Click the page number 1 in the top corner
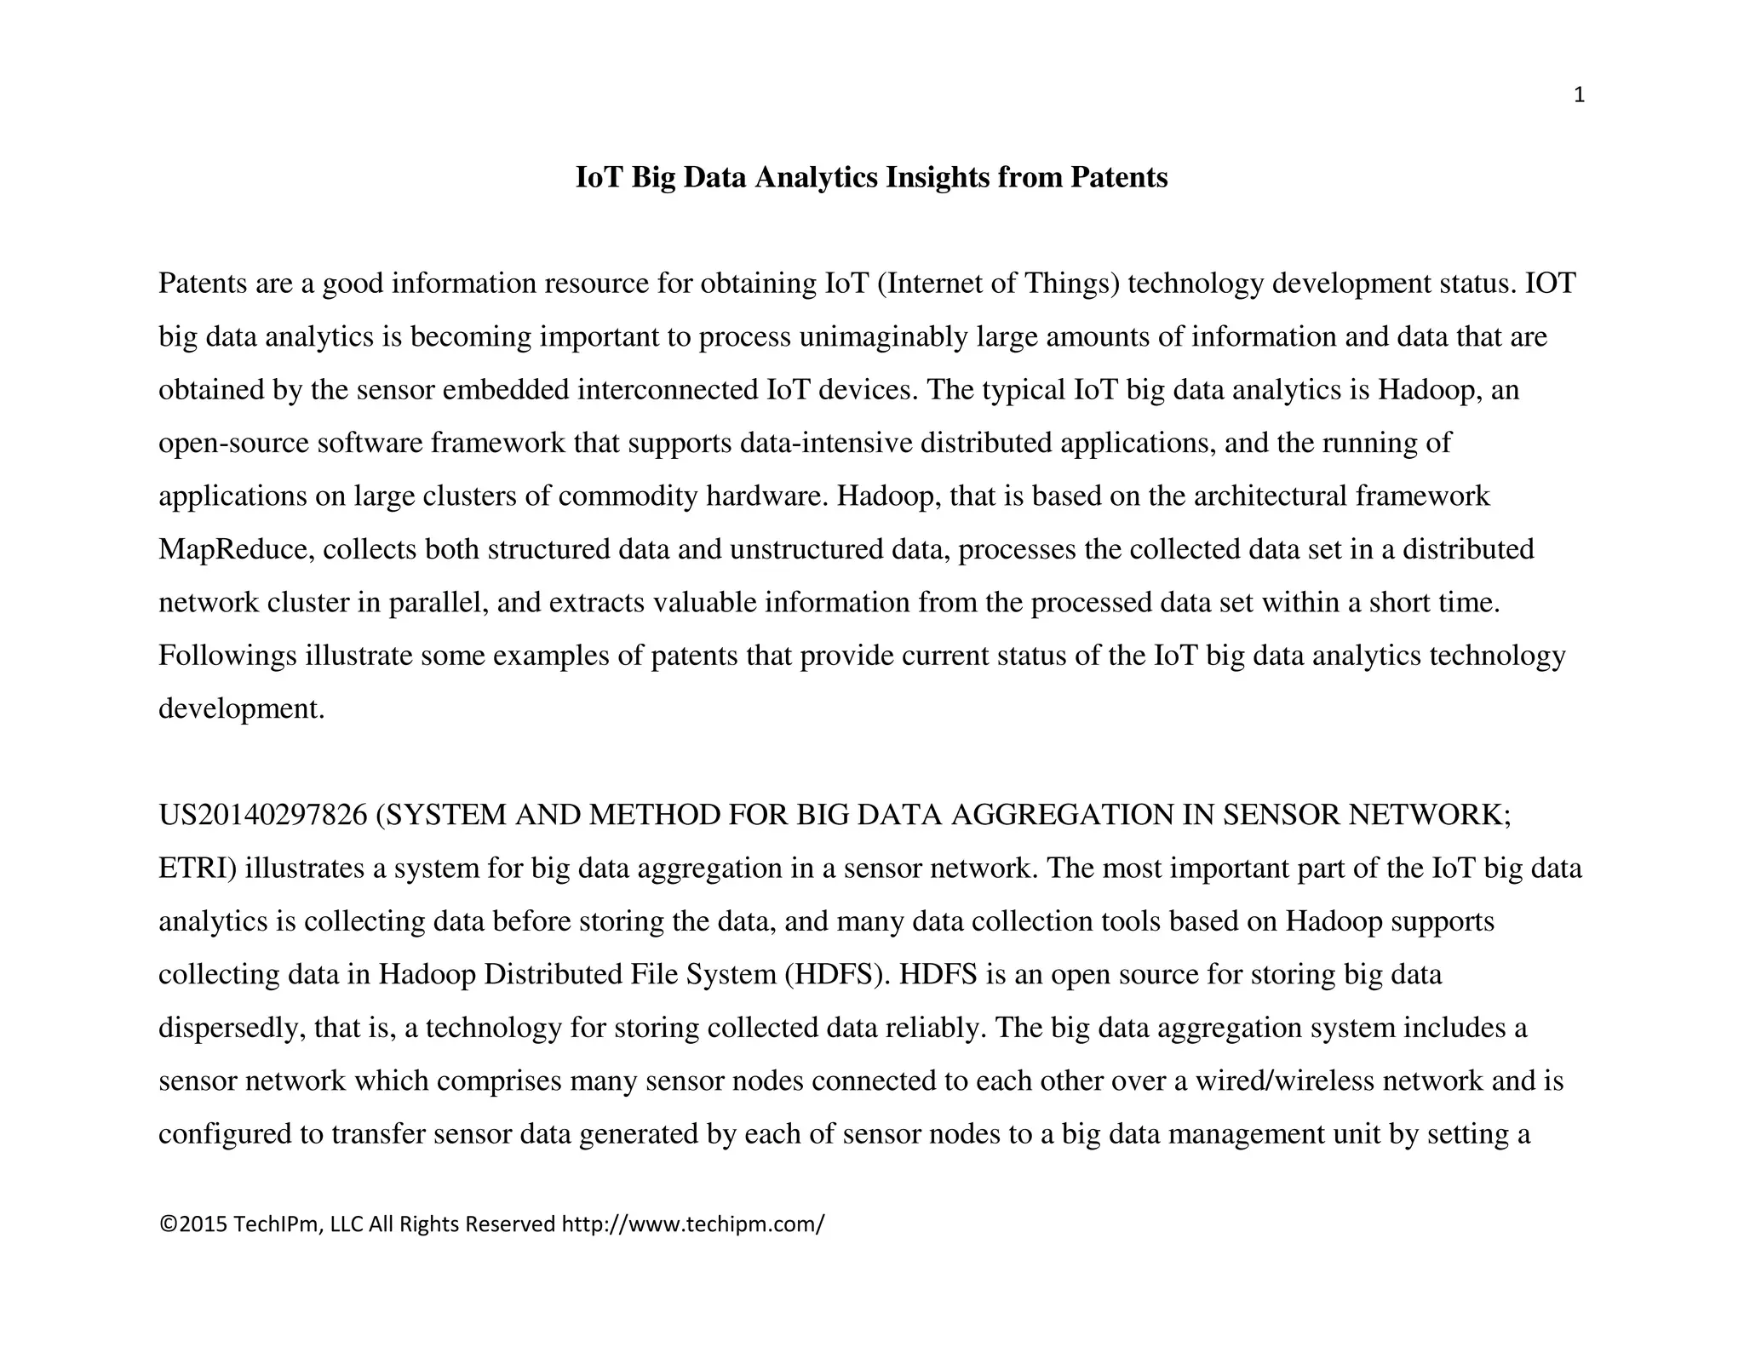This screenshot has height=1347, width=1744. (x=1579, y=96)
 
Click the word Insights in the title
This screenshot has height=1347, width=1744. (x=938, y=178)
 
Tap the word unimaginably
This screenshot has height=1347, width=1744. (x=883, y=337)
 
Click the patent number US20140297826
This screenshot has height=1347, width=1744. (x=262, y=815)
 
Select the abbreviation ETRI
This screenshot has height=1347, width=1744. (x=198, y=868)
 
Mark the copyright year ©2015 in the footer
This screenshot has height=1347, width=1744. (x=193, y=1224)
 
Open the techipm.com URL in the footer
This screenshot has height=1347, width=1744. (x=693, y=1224)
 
